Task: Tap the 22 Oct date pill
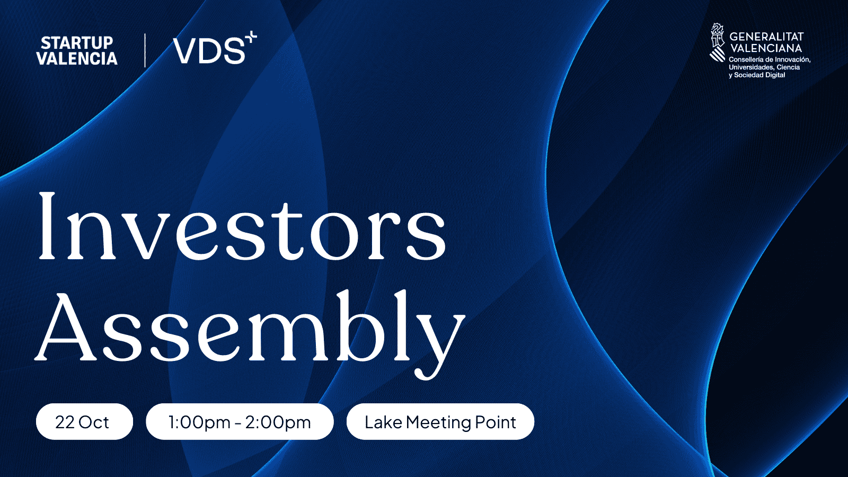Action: (84, 422)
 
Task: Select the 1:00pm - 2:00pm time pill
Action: (240, 422)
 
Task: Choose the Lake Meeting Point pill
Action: (440, 422)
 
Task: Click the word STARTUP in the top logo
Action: (77, 43)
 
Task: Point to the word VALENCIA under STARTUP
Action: (77, 58)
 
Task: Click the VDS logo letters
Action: (209, 51)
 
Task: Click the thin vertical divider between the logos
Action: (145, 50)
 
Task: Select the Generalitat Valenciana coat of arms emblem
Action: (717, 42)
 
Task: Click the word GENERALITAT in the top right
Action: (766, 37)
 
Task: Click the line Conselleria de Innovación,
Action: (770, 59)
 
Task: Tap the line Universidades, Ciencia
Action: (764, 67)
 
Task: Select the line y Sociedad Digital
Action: (757, 75)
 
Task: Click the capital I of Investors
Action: (47, 226)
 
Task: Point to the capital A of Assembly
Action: (64, 325)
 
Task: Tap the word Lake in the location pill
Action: (383, 422)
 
